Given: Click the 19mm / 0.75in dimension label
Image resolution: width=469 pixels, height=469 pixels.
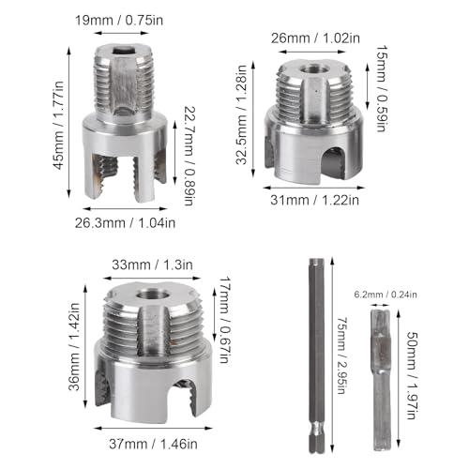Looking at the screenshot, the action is pyautogui.click(x=119, y=21).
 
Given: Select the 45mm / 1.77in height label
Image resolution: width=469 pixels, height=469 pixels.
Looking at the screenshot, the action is pyautogui.click(x=58, y=126).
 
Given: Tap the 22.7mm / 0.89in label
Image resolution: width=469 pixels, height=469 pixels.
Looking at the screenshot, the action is pyautogui.click(x=188, y=156).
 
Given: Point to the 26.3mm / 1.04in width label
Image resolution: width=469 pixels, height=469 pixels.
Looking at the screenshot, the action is pyautogui.click(x=125, y=223).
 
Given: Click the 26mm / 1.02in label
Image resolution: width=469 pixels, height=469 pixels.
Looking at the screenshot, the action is pyautogui.click(x=315, y=38).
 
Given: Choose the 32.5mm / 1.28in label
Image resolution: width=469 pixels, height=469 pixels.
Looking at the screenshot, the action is pyautogui.click(x=241, y=114).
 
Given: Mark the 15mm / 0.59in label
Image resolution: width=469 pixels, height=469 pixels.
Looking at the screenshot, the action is pyautogui.click(x=380, y=88).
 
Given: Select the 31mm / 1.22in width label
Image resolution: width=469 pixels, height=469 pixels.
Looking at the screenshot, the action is pyautogui.click(x=314, y=200).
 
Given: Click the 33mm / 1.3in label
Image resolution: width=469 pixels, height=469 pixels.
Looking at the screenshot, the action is pyautogui.click(x=152, y=265).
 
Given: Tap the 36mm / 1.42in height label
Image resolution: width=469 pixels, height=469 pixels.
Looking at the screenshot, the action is pyautogui.click(x=74, y=347).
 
